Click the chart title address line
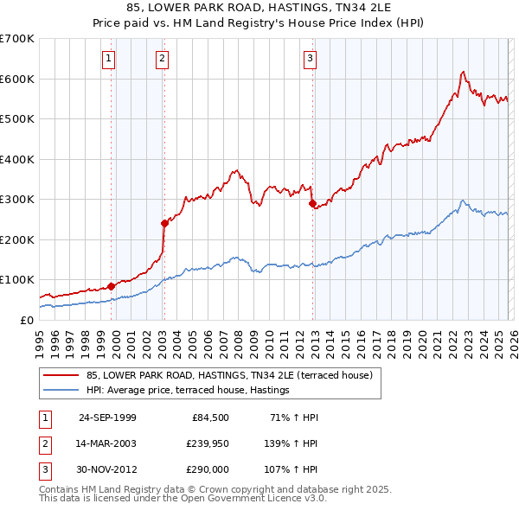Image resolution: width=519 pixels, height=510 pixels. point(259,8)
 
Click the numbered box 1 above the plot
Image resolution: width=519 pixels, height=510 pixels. point(109,59)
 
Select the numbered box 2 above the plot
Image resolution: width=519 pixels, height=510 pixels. point(162,59)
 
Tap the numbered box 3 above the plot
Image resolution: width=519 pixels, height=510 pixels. point(310,59)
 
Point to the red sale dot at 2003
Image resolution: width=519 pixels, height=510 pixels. point(164,223)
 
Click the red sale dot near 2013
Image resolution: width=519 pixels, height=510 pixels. point(312,203)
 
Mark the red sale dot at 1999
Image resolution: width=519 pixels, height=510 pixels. point(111,286)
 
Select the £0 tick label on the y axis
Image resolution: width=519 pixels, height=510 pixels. point(28,320)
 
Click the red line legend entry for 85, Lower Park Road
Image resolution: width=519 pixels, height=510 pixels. point(229,375)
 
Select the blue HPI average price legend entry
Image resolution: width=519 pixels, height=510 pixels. point(187,391)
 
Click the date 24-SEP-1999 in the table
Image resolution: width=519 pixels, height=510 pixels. point(107,418)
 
